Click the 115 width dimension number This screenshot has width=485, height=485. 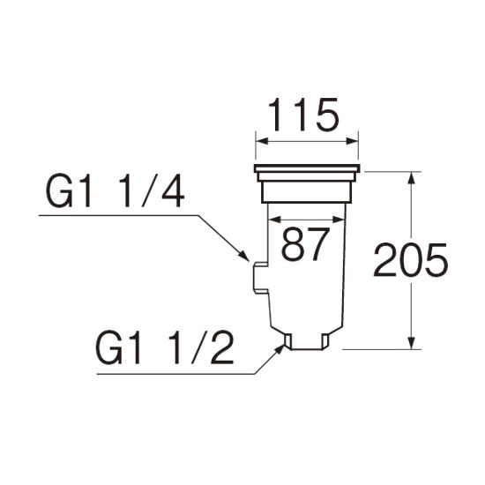click(303, 116)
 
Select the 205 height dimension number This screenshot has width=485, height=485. click(411, 260)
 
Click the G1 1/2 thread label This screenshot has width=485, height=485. click(164, 348)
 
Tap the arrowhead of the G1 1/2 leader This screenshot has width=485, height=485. click(279, 350)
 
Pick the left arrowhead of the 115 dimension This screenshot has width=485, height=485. click(262, 141)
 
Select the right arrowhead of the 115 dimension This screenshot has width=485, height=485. click(352, 141)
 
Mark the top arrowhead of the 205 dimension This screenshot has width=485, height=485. click(411, 178)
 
